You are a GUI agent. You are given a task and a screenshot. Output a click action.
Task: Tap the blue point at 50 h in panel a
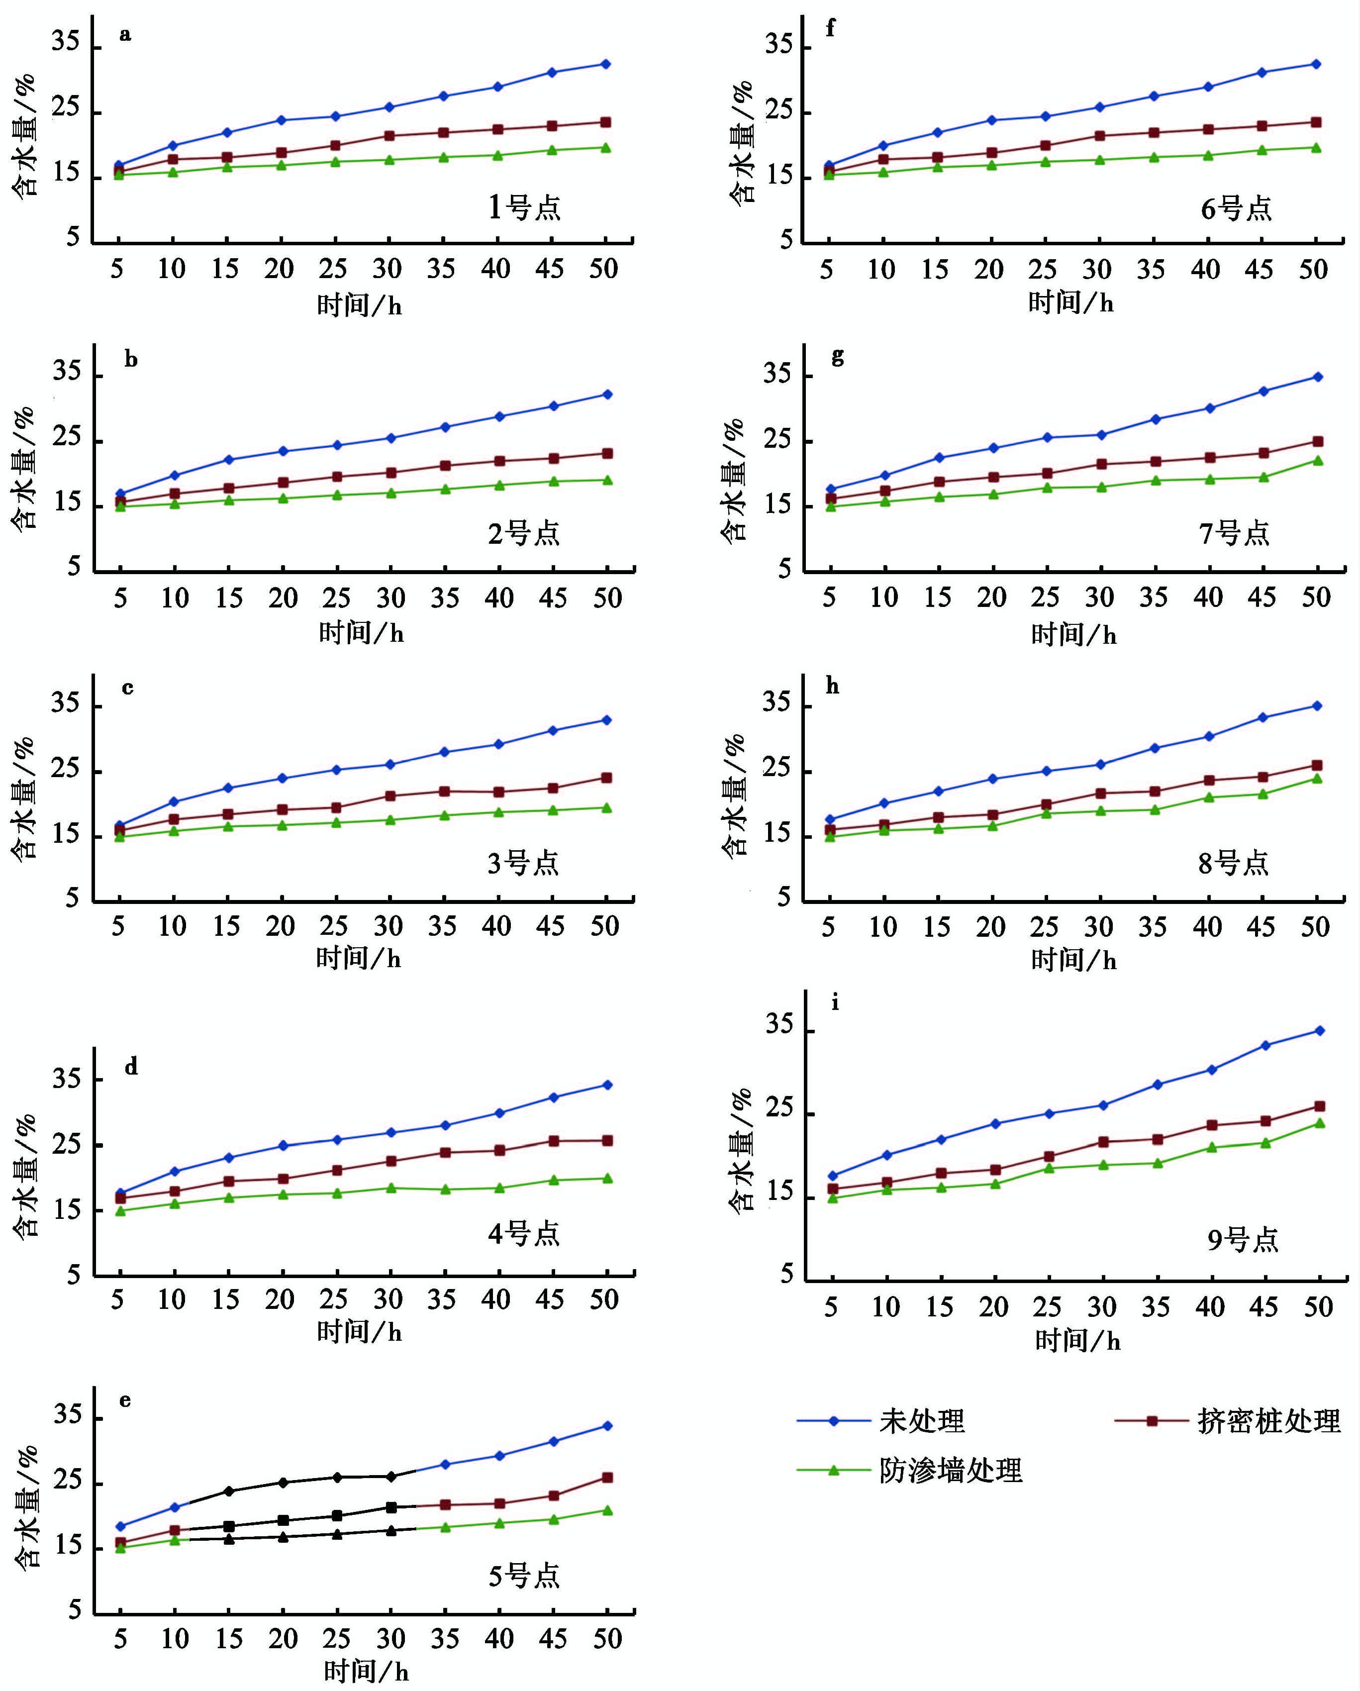click(x=605, y=64)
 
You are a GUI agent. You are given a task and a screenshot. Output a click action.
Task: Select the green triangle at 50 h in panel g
click(x=1318, y=460)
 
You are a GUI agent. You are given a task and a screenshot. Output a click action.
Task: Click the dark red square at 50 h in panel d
click(x=607, y=1140)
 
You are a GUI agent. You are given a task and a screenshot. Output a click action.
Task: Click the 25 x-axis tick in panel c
click(x=334, y=926)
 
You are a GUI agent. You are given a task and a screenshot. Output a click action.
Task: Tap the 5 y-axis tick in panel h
click(x=784, y=898)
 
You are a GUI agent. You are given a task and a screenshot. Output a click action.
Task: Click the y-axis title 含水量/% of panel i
click(x=741, y=1150)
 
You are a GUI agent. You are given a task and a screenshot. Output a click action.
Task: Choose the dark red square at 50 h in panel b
click(x=607, y=453)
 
